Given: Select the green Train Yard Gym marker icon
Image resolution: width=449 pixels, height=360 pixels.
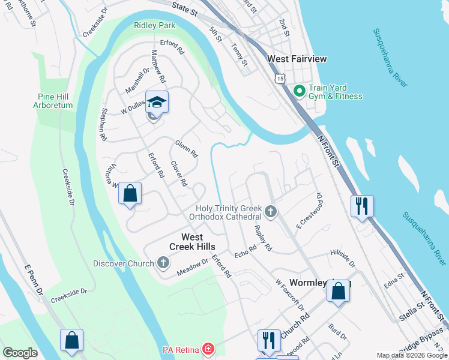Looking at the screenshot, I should point(299,91).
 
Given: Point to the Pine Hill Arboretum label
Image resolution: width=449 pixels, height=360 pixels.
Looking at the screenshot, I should point(55,101).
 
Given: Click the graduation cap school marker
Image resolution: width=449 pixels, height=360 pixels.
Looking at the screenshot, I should point(156,103).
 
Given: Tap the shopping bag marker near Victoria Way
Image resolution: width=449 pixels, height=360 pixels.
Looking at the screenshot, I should point(130,193).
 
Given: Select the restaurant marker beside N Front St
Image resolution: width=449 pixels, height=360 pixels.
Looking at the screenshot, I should point(361,205).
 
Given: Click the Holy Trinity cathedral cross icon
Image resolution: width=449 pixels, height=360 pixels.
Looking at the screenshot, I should point(271,212).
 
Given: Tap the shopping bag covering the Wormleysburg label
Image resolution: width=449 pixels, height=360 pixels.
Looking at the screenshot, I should point(339,292).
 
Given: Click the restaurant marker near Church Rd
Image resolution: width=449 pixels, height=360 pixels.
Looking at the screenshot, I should point(268,340).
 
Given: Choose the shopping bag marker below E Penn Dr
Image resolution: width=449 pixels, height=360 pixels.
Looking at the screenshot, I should point(71,340).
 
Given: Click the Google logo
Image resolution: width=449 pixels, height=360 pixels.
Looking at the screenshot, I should point(20,353).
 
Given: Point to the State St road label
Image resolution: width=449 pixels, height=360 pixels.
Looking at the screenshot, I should point(184,7).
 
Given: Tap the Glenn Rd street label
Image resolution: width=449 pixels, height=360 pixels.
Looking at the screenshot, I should point(186,149).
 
